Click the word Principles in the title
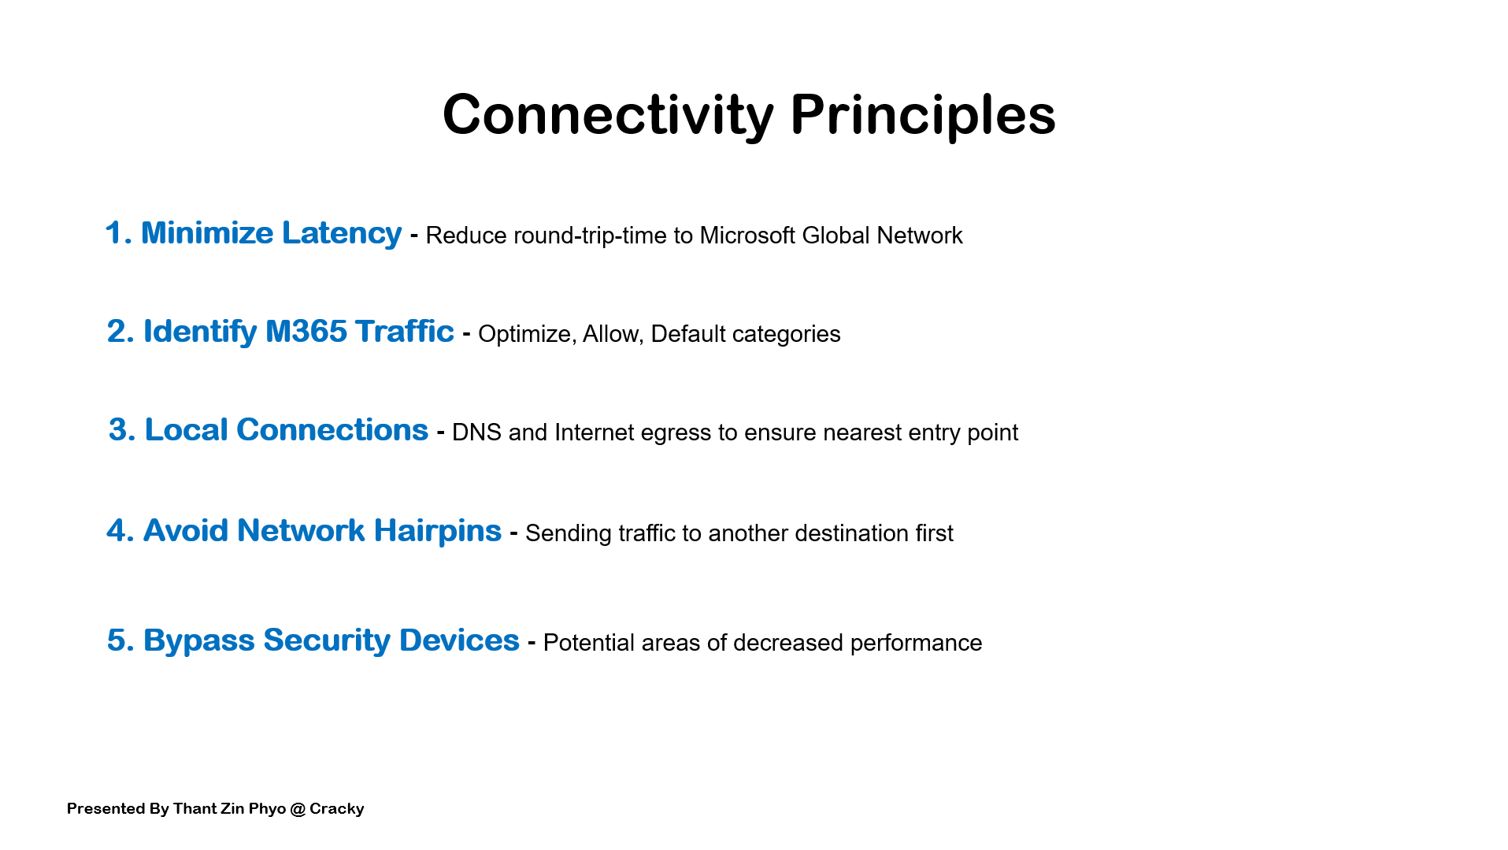tap(922, 115)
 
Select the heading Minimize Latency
tap(271, 233)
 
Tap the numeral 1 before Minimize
tap(115, 234)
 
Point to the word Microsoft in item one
tap(747, 236)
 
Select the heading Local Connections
tap(286, 430)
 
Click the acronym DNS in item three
tap(476, 432)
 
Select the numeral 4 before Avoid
tap(117, 531)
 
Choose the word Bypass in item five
tap(198, 640)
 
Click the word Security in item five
tap(326, 640)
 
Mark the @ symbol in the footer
tap(298, 809)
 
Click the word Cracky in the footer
tap(336, 809)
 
